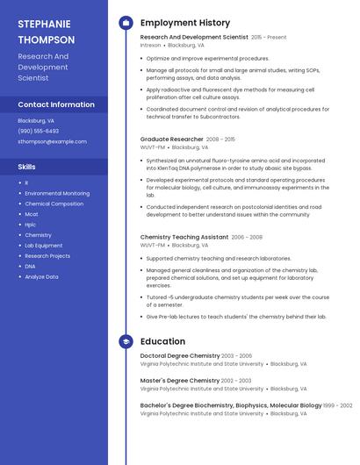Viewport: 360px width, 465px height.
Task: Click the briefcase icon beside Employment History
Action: [126, 23]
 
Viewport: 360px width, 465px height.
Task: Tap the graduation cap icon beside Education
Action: [126, 341]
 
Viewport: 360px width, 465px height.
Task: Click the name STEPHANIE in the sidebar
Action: [46, 24]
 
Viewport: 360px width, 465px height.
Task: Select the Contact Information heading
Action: [56, 104]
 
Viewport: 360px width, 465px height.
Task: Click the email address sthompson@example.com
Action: [52, 141]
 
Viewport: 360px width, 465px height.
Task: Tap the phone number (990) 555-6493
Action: [39, 131]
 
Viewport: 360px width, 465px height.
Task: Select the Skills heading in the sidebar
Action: [27, 166]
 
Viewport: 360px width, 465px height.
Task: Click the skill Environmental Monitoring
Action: [57, 193]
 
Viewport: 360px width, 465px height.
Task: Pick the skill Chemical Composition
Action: [54, 204]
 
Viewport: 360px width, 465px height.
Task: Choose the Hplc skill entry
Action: [31, 225]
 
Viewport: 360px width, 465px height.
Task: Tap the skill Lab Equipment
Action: [44, 246]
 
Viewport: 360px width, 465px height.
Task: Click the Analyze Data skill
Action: [41, 276]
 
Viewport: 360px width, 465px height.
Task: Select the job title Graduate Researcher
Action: [172, 139]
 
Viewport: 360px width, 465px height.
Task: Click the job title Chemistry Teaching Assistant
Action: [184, 237]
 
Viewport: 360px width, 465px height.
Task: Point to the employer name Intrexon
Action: [151, 45]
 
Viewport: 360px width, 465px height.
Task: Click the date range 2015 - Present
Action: [269, 38]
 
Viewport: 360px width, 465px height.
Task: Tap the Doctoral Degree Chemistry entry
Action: [180, 355]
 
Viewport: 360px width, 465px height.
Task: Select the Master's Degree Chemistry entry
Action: [180, 380]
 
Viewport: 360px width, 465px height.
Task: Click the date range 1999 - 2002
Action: [337, 405]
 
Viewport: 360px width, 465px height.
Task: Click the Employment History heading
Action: [185, 23]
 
